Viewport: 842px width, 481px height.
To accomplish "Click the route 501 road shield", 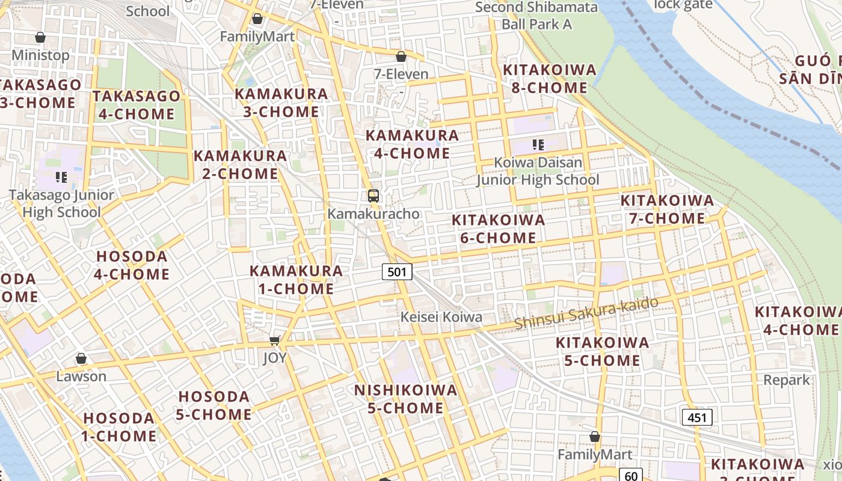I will click(397, 272).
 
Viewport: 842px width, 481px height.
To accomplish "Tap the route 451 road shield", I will click(697, 417).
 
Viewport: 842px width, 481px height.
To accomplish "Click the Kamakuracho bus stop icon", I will click(373, 195).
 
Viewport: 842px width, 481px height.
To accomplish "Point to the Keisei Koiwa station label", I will click(442, 317).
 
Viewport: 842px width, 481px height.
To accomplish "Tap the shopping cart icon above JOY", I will click(275, 341).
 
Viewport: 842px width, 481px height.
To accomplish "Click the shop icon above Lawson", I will click(81, 359).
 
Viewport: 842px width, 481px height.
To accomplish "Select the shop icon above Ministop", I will click(40, 37).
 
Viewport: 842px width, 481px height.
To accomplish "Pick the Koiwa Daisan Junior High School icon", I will click(538, 144).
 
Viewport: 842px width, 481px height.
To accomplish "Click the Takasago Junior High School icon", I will click(61, 177).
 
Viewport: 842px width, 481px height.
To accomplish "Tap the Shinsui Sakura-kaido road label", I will click(586, 314).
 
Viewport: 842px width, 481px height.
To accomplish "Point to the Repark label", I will click(787, 380).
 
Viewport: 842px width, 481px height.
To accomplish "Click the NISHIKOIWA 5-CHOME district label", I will click(406, 399).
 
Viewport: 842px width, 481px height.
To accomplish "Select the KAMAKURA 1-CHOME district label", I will click(296, 280).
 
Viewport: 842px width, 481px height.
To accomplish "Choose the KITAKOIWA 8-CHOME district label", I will click(549, 79).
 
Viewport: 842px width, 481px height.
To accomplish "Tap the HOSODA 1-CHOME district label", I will click(119, 427).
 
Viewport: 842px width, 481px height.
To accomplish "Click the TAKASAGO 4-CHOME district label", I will click(136, 105).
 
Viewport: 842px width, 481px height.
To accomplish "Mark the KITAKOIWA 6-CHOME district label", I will click(498, 228).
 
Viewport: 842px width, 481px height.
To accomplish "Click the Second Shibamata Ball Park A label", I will click(536, 16).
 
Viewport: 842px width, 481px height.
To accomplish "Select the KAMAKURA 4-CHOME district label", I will click(413, 144).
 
